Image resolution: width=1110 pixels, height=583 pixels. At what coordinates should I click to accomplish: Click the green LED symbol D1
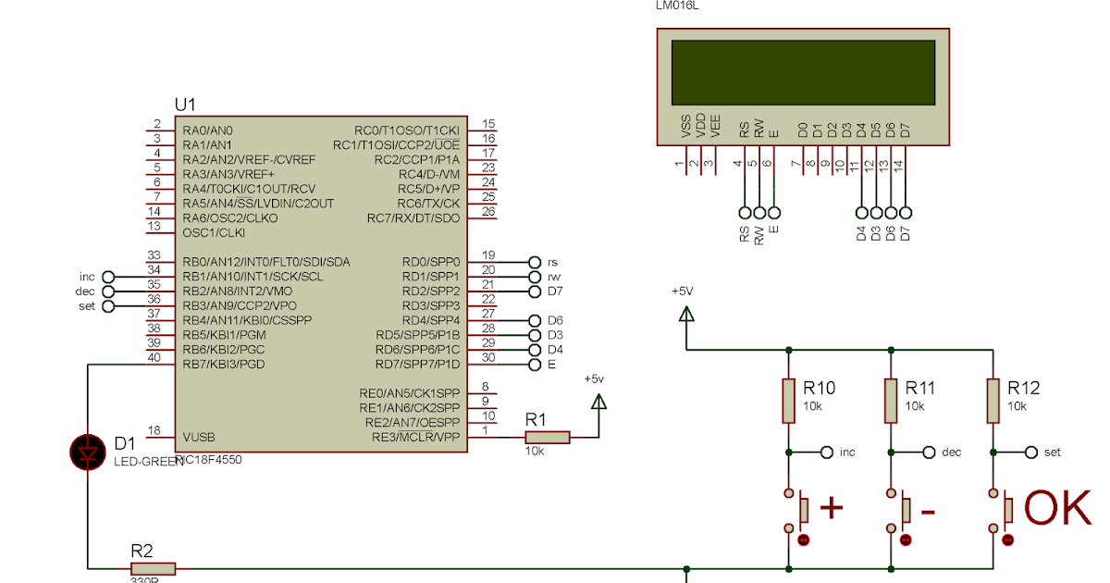click(88, 453)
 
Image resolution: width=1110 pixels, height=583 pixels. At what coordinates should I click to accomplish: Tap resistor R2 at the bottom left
click(153, 568)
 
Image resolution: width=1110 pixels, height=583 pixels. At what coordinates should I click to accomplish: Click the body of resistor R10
click(788, 400)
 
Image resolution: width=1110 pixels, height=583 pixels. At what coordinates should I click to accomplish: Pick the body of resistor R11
click(890, 400)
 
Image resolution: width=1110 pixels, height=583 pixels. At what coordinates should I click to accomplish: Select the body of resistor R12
click(993, 400)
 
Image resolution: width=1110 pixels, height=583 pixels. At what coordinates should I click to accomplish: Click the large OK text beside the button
click(1057, 509)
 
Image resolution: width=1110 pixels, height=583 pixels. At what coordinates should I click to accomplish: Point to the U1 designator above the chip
click(185, 104)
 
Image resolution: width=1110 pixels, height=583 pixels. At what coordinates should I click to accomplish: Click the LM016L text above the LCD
click(676, 6)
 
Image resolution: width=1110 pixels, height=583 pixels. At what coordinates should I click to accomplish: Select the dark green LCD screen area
click(802, 71)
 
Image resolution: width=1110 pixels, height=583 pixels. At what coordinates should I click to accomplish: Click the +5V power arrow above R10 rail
click(686, 315)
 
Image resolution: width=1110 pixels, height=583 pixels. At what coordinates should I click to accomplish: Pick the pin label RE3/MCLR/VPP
click(414, 437)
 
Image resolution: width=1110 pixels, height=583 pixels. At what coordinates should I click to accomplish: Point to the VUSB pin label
click(201, 437)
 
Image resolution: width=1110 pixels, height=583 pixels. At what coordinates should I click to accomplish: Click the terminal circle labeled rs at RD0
click(534, 262)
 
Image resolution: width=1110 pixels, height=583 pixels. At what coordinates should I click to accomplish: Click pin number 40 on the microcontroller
click(155, 357)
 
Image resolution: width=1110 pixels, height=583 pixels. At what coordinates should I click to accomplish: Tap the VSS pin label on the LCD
click(685, 128)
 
